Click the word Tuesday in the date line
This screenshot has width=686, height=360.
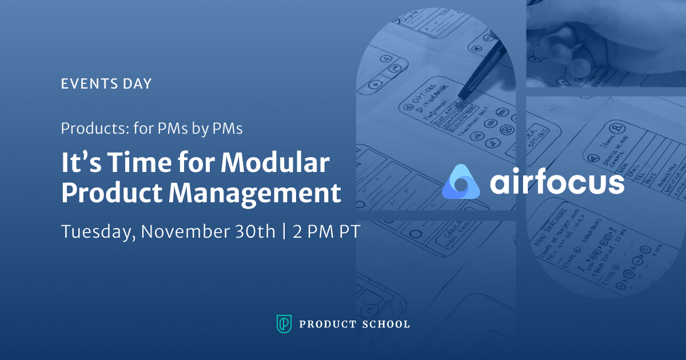(98, 233)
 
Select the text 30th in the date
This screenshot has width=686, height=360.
(252, 233)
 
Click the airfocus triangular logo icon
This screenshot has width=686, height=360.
(461, 182)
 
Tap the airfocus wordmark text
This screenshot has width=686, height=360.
(557, 182)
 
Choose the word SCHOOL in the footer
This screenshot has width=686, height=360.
(386, 325)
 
